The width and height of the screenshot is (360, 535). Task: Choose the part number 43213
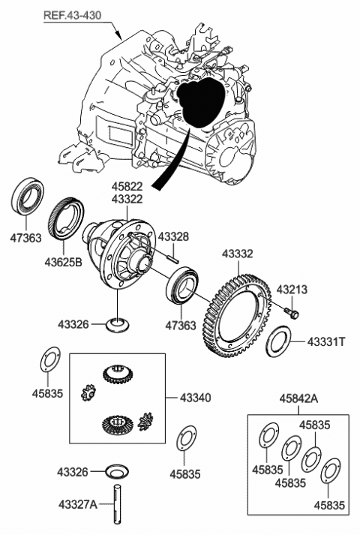pos(292,290)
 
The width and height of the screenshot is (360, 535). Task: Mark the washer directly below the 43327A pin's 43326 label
pos(117,472)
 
